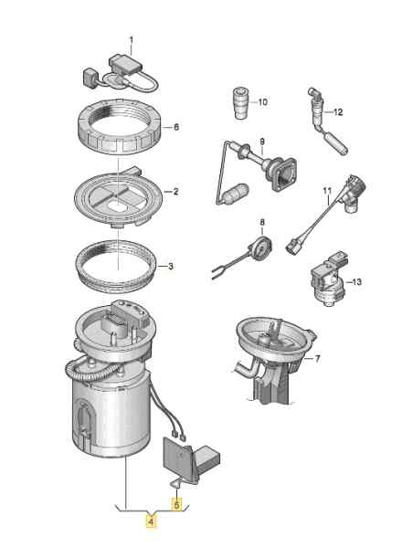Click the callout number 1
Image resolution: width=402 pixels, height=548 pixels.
pos(132,41)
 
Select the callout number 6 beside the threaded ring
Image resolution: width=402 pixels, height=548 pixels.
pos(175,127)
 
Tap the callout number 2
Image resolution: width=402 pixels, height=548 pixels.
pos(175,191)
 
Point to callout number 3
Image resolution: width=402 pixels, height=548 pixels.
pos(171,267)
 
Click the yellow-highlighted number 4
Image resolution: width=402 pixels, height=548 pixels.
pos(151,522)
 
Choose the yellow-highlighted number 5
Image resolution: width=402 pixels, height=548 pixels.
pos(177,504)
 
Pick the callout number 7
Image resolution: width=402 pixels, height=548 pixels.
pos(317,359)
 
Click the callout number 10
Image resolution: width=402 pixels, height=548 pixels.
pos(262,102)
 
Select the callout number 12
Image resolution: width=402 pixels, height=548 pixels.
pos(338,112)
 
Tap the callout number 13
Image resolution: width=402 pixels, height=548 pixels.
pos(356,281)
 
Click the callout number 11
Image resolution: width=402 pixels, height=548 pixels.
pos(328,191)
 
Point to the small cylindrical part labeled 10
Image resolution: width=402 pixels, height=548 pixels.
pos(241,102)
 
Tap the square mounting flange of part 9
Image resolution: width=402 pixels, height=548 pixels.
pos(284,174)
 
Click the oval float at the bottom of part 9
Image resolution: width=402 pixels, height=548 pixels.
pos(236,194)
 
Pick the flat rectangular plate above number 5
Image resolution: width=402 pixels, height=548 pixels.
pos(177,456)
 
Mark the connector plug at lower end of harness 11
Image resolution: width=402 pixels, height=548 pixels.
pos(293,247)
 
